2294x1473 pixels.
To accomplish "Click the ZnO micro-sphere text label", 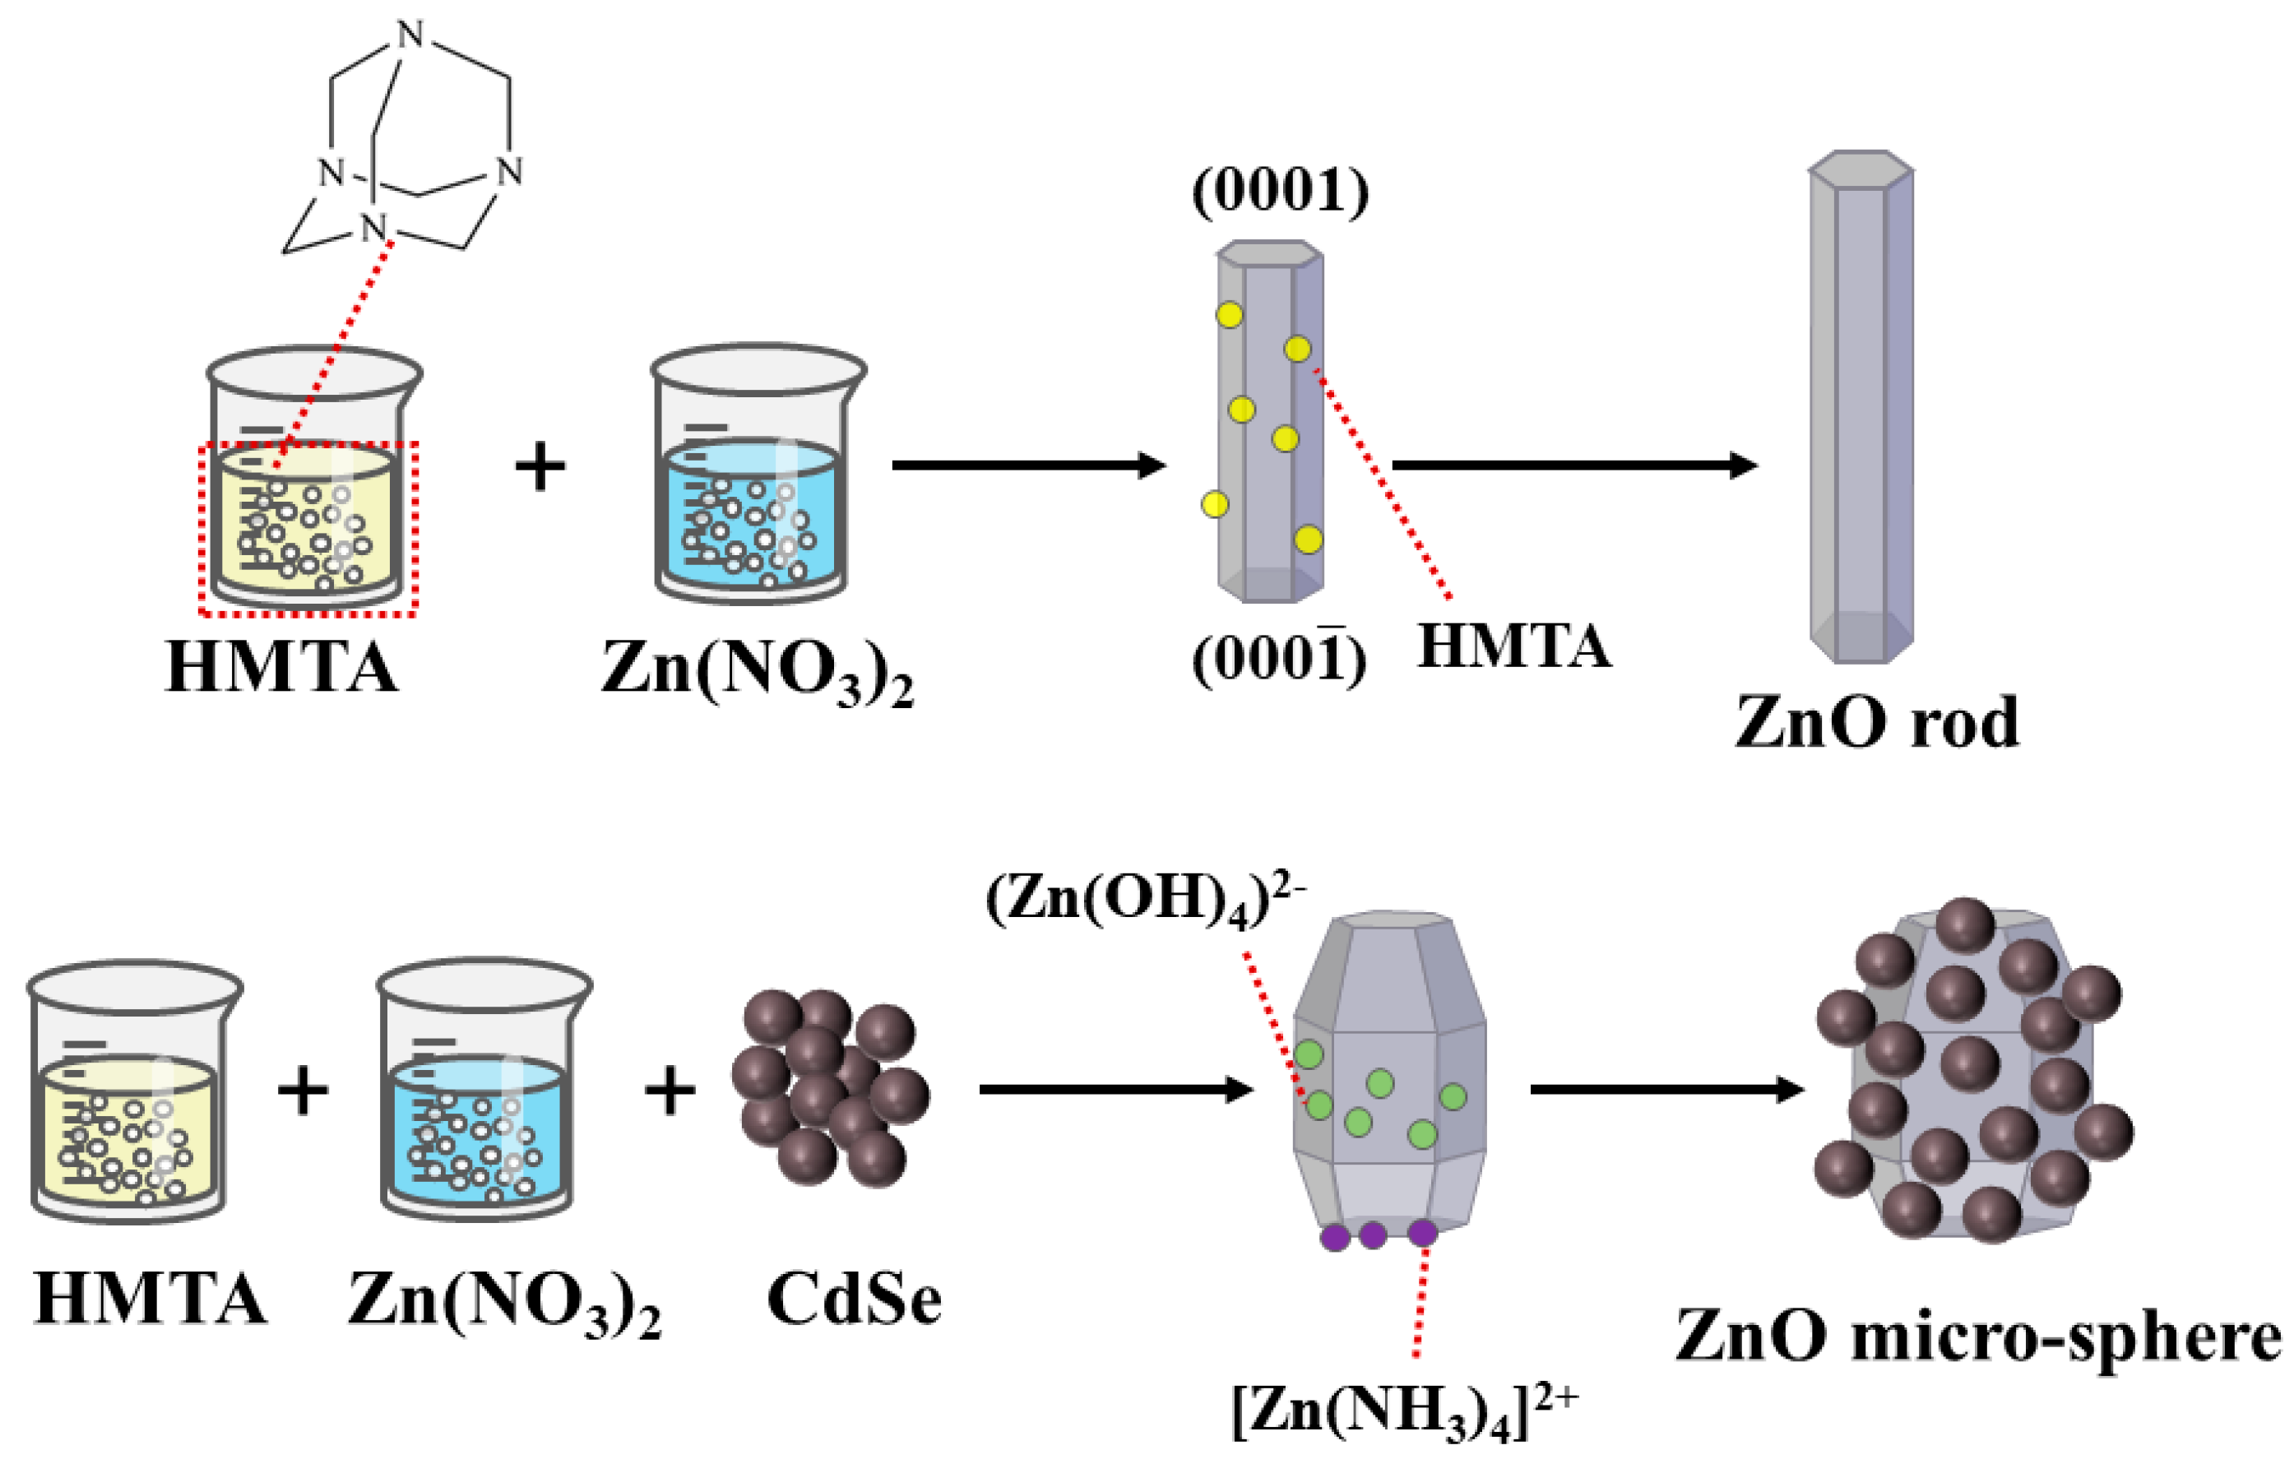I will coord(1977,1336).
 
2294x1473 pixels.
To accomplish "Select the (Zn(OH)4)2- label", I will coord(1145,901).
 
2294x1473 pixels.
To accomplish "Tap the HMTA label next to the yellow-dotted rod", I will coord(1513,646).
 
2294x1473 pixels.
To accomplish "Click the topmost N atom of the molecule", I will coord(410,35).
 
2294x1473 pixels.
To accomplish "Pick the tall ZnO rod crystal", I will coord(1860,406).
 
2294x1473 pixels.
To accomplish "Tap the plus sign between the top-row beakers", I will coord(540,468).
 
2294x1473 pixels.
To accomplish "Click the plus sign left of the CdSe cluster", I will coord(670,1090).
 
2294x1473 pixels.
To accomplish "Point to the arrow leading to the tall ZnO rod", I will coord(1573,466).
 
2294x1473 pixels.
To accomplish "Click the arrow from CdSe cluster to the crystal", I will coord(1115,1090).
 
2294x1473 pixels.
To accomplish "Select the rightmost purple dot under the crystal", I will coord(1422,1233).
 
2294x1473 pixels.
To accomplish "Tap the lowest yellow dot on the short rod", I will coord(1308,540).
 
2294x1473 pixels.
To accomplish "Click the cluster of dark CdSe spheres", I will coord(828,1087).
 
